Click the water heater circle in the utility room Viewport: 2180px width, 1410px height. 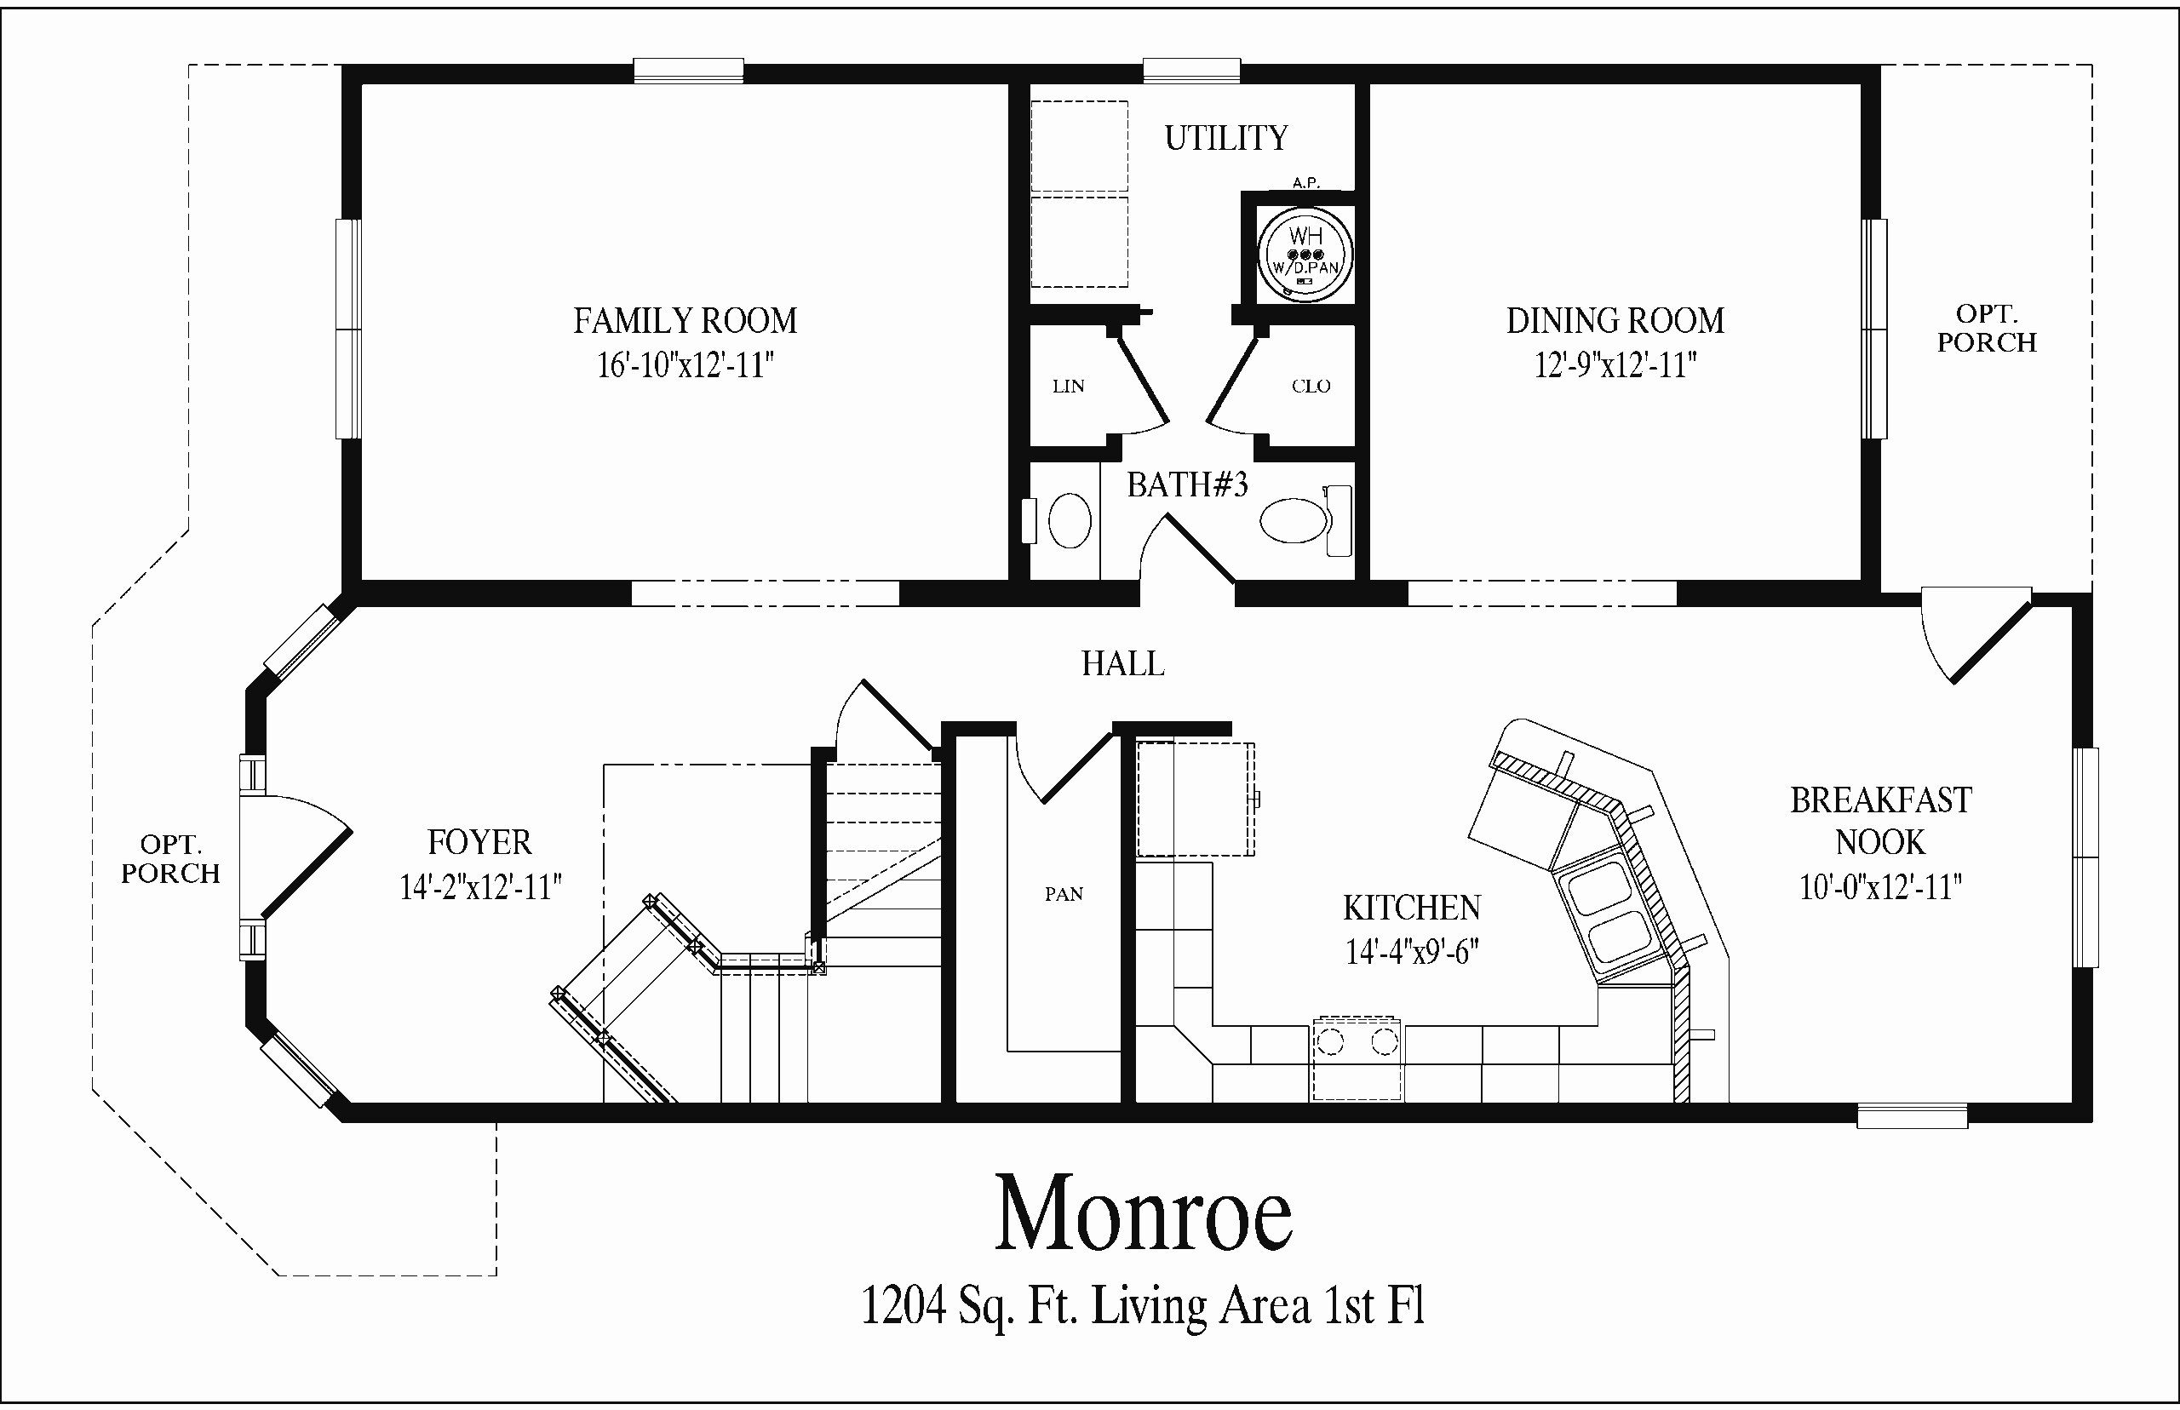[1305, 253]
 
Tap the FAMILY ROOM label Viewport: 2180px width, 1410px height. [685, 321]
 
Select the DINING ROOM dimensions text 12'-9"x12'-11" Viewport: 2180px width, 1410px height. [1615, 365]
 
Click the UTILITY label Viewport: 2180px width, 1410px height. [1226, 138]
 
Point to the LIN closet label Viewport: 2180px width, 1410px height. [1069, 387]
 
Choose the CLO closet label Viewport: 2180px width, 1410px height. [1311, 387]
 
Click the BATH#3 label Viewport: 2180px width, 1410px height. [1186, 484]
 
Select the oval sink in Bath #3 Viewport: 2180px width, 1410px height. [1069, 520]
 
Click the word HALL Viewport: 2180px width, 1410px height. [1122, 664]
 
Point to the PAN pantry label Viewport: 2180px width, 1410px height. [1064, 895]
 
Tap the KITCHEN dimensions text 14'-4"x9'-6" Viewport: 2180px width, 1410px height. [1412, 953]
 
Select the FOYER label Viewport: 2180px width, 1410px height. [479, 842]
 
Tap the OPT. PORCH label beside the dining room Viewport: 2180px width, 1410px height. [1987, 328]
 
